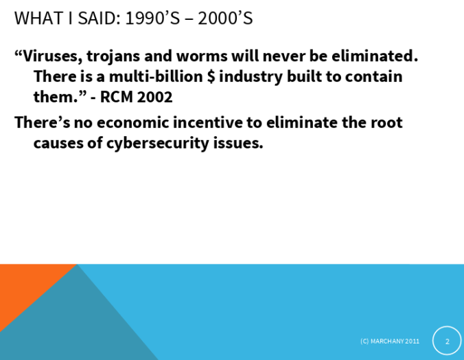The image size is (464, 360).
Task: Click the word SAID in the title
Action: [99, 18]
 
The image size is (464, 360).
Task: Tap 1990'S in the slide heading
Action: [152, 18]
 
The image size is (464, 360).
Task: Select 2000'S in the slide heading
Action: [225, 18]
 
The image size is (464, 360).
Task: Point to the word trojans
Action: [113, 57]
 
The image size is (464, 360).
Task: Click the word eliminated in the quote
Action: [374, 56]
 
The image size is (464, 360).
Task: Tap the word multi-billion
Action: [156, 76]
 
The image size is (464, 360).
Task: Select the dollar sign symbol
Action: [211, 76]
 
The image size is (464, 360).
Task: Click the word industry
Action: [251, 78]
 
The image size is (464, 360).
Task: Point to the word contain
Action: [374, 76]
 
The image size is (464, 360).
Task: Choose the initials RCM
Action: [116, 97]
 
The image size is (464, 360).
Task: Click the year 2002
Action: [154, 97]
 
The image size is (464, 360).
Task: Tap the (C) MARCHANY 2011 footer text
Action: [390, 341]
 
